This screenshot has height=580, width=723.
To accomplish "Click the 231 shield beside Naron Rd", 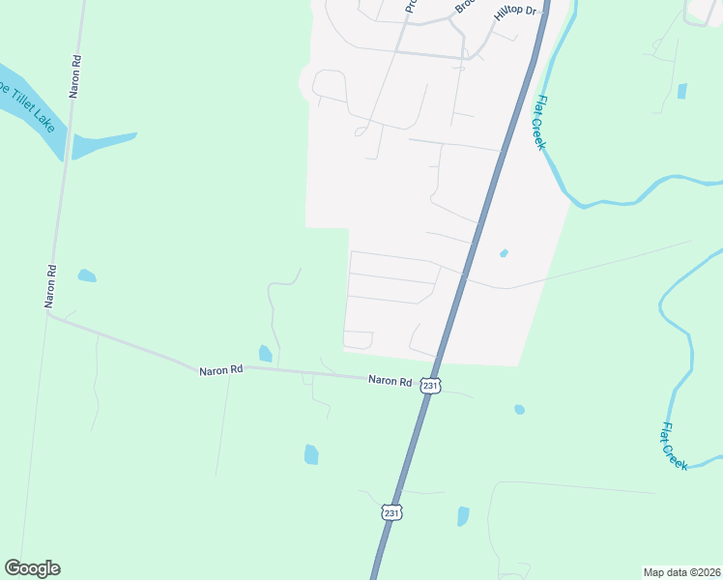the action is point(431,386).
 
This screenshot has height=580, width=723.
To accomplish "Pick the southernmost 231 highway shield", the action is point(390,510).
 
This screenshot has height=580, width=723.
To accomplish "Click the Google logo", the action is point(32,568).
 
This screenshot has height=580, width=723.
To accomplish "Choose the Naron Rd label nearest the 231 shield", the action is point(390,381).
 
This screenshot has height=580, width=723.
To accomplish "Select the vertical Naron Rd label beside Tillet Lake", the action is point(74,74).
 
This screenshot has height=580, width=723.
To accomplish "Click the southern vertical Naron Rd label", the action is point(50,285).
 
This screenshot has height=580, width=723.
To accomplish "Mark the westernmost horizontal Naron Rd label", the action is point(221,370).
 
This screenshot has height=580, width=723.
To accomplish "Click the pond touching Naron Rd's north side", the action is point(265,354).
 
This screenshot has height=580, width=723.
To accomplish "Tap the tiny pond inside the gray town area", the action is point(504,253).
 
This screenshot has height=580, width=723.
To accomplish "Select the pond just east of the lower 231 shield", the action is point(463,516).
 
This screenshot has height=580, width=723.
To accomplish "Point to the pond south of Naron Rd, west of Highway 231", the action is point(311,453).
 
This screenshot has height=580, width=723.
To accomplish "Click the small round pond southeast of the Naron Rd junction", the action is point(519,410).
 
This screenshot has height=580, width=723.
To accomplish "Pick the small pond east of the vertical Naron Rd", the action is point(87,275).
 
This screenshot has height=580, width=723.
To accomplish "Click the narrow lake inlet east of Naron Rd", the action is point(101,144).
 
